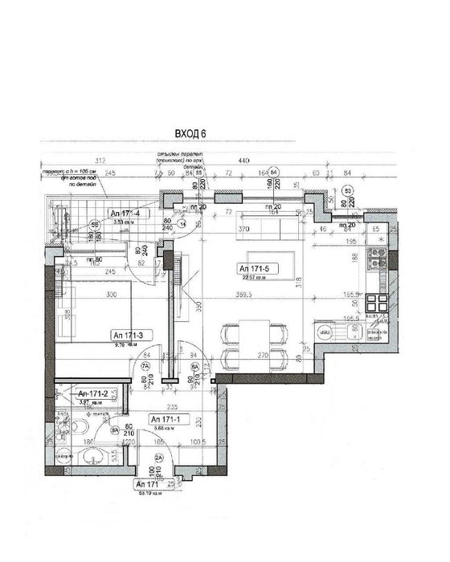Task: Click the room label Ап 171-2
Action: (92, 393)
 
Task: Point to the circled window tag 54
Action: (274, 172)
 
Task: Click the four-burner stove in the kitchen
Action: (375, 303)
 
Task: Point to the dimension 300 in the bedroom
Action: (110, 295)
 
